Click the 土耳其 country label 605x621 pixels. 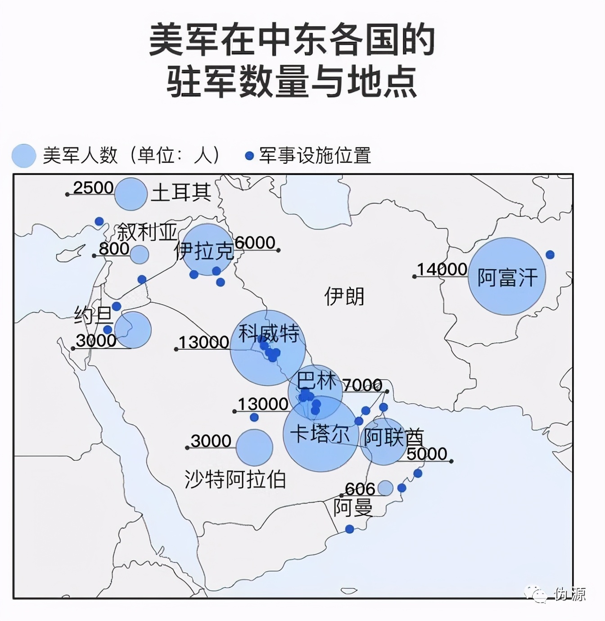pyautogui.click(x=181, y=193)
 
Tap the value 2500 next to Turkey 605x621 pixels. pyautogui.click(x=93, y=188)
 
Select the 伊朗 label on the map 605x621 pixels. pyautogui.click(x=344, y=297)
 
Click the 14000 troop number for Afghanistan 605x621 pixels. pyautogui.click(x=442, y=269)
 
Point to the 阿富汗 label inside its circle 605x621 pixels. pyautogui.click(x=507, y=277)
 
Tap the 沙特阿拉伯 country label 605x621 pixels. pyautogui.click(x=235, y=479)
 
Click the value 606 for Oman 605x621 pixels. pyautogui.click(x=360, y=489)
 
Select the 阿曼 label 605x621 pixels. pyautogui.click(x=353, y=508)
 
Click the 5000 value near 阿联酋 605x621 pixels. pyautogui.click(x=427, y=454)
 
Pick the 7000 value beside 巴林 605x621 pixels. pyautogui.click(x=362, y=385)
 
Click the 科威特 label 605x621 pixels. pyautogui.click(x=269, y=333)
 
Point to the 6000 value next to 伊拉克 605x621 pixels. pyautogui.click(x=255, y=243)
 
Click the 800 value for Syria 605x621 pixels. pyautogui.click(x=114, y=248)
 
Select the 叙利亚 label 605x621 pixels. pyautogui.click(x=147, y=232)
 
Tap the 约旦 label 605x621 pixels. pyautogui.click(x=93, y=315)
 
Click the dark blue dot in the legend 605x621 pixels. pyautogui.click(x=249, y=156)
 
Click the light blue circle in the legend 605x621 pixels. pyautogui.click(x=24, y=156)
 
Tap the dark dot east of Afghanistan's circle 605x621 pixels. pyautogui.click(x=550, y=255)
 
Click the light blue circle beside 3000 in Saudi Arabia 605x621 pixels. pyautogui.click(x=254, y=447)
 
